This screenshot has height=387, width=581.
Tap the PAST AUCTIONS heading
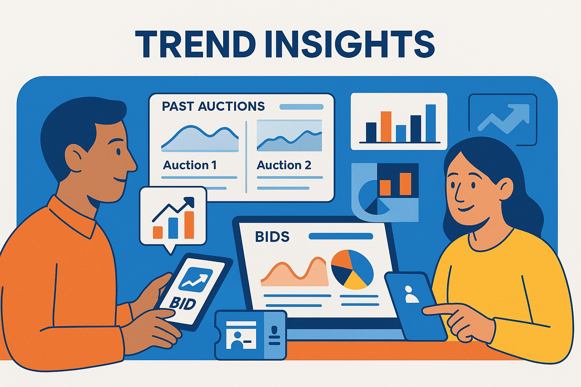213,107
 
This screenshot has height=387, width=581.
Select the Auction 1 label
190,165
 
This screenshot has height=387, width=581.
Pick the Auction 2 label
284,165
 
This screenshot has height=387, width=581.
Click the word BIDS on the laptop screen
272,237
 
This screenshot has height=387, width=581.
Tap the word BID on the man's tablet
183,303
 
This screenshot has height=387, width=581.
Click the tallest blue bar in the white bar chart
430,123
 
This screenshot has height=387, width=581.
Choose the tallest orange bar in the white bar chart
386,126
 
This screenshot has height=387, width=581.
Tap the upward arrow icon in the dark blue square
503,119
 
